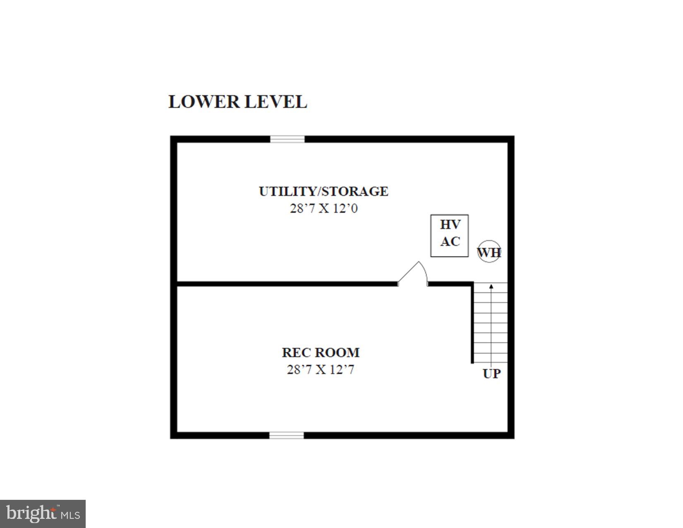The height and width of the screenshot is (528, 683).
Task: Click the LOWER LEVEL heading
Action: pyautogui.click(x=238, y=102)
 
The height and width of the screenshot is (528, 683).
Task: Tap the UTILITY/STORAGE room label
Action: pyautogui.click(x=323, y=191)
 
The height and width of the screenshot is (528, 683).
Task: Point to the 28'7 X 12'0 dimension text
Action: pyautogui.click(x=323, y=208)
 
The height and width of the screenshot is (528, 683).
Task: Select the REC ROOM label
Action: pyautogui.click(x=320, y=352)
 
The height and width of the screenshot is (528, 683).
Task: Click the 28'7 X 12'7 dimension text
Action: pyautogui.click(x=320, y=369)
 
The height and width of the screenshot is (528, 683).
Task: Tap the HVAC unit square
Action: pyautogui.click(x=450, y=236)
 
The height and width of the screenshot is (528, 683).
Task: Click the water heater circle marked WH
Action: pyautogui.click(x=489, y=252)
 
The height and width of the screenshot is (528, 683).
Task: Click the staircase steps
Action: pyautogui.click(x=491, y=323)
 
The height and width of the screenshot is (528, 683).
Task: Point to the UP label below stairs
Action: pyautogui.click(x=492, y=374)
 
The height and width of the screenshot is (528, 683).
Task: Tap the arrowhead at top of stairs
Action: pyautogui.click(x=491, y=286)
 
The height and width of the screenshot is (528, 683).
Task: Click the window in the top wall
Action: pyautogui.click(x=287, y=139)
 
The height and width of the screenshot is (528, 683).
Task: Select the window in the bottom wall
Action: pyautogui.click(x=286, y=435)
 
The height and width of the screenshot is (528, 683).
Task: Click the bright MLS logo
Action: pyautogui.click(x=43, y=514)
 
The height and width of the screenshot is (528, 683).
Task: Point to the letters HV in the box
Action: pyautogui.click(x=450, y=225)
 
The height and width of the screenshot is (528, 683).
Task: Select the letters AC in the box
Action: pyautogui.click(x=450, y=241)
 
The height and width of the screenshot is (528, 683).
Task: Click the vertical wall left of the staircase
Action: pyautogui.click(x=472, y=323)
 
